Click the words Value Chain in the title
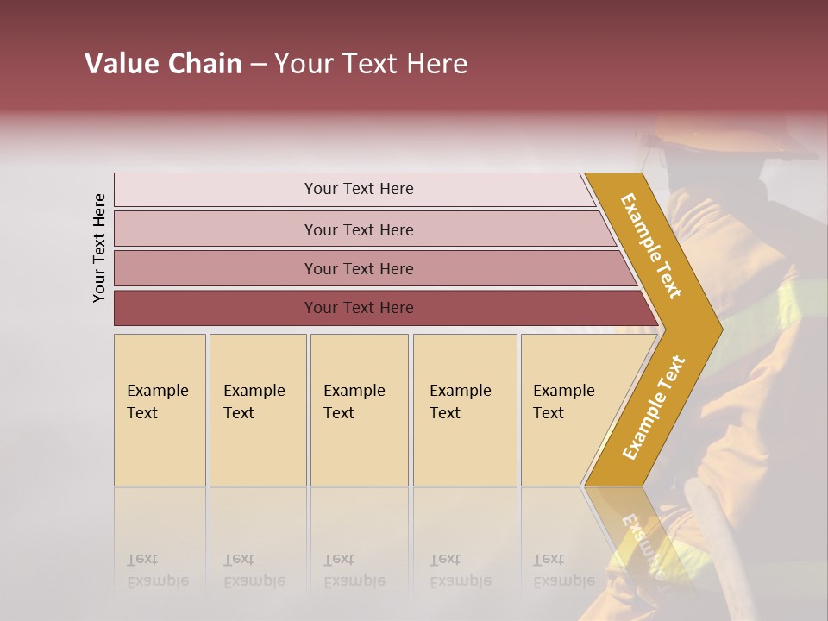click(163, 64)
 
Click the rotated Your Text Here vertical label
click(99, 248)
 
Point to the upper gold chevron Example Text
click(652, 247)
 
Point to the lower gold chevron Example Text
click(654, 407)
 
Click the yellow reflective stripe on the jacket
click(798, 302)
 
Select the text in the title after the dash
click(371, 64)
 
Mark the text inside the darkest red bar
click(359, 308)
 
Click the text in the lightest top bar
click(359, 189)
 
